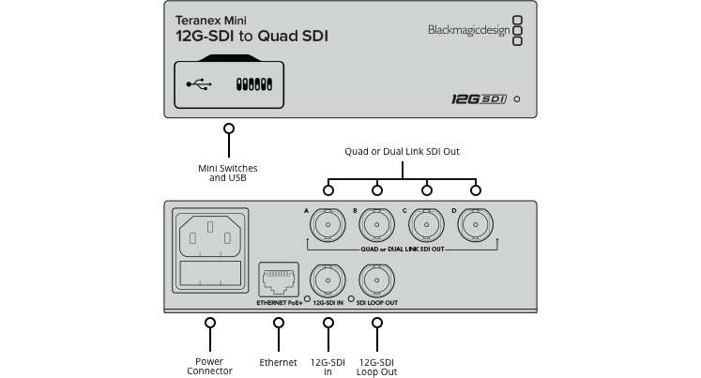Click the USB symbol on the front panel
(199, 84)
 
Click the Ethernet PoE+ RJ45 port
(278, 279)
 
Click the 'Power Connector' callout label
(209, 366)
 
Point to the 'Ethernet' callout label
(278, 361)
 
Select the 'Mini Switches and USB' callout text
(228, 173)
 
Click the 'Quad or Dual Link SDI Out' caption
(401, 151)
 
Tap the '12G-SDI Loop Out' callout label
(377, 366)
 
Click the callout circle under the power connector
(209, 323)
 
